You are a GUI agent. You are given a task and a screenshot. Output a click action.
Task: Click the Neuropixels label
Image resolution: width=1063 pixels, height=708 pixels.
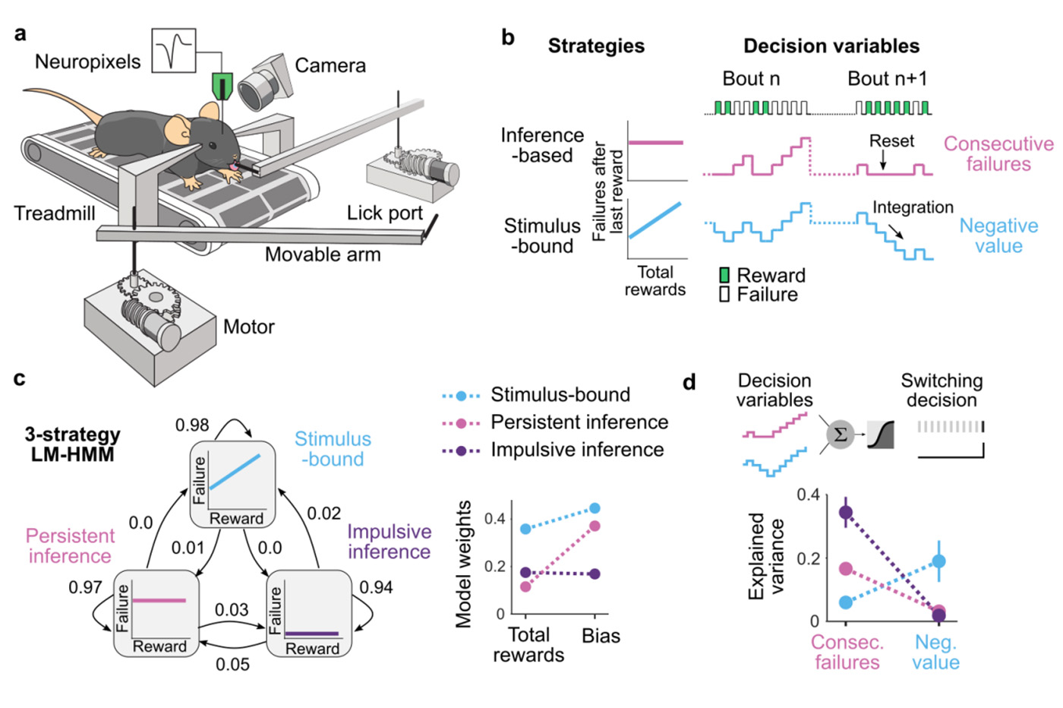[87, 62]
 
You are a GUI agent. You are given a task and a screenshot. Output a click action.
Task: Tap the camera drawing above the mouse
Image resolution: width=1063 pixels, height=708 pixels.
[265, 82]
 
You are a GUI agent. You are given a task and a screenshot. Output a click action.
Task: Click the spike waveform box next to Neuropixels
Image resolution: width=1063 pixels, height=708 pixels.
[174, 51]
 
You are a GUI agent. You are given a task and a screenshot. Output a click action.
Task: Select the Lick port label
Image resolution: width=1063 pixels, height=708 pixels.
[384, 213]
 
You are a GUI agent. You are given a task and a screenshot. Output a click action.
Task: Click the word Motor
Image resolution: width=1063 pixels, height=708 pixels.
[248, 327]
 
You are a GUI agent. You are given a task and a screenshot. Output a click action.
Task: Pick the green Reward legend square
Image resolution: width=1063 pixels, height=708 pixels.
[724, 275]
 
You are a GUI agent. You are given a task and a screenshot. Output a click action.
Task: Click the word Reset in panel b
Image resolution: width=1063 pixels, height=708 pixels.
[891, 141]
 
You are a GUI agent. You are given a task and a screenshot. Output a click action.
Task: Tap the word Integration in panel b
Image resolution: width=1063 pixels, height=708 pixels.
[913, 207]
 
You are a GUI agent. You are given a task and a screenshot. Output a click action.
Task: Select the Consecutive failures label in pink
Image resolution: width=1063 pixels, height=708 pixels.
[998, 154]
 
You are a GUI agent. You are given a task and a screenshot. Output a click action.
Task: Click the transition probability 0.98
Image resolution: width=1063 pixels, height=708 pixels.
[191, 425]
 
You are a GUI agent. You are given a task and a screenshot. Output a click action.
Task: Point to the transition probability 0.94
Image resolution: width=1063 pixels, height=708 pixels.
[376, 587]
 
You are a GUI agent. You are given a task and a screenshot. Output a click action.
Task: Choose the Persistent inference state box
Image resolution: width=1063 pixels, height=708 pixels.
[156, 614]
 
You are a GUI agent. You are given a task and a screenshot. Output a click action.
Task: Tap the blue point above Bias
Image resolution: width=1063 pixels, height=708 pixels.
[595, 508]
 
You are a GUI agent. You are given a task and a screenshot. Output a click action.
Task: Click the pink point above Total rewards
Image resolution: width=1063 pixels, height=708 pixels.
[525, 586]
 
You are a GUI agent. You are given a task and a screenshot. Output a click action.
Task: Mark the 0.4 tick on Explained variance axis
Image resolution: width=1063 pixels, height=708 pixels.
[808, 495]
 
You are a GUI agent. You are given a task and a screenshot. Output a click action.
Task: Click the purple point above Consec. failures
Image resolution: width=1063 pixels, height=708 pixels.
[846, 513]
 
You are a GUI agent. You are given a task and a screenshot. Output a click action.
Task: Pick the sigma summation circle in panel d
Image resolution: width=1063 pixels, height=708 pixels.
[840, 435]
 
